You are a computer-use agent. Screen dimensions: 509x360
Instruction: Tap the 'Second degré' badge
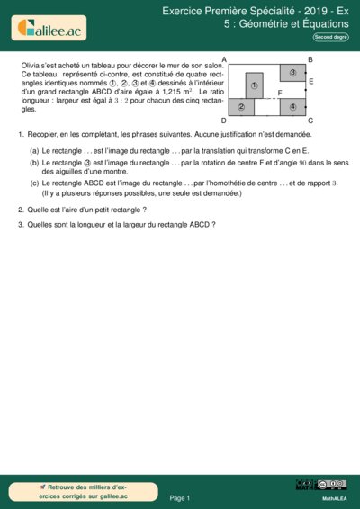coord(331,37)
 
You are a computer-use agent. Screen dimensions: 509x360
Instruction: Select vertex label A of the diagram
coord(223,59)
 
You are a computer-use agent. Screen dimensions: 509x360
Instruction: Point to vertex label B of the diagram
coord(310,59)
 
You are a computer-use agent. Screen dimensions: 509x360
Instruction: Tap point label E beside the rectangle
coord(310,82)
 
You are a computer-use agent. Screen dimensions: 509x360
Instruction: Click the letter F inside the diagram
coord(280,93)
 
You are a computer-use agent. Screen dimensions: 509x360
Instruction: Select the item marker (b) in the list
coord(34,162)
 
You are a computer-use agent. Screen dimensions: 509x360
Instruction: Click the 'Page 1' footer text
coord(180,497)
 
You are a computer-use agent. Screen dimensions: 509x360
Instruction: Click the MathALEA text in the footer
coord(335,497)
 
